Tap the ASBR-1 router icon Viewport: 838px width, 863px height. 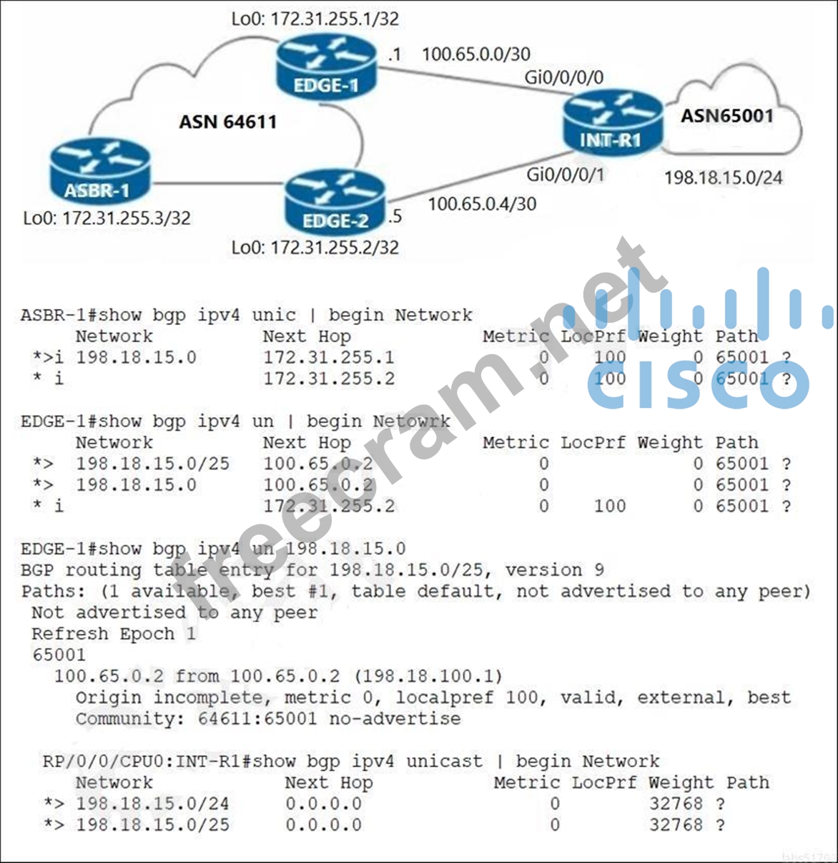[x=100, y=172]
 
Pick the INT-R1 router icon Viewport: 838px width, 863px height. [x=612, y=122]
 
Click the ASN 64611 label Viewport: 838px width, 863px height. [x=227, y=122]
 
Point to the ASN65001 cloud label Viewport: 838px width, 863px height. [x=726, y=116]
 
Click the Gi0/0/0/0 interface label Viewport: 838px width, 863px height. [x=564, y=77]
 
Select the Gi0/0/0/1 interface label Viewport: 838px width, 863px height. [x=566, y=174]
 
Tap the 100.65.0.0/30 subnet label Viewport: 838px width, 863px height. [x=476, y=54]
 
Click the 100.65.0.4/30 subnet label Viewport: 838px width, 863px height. [x=482, y=204]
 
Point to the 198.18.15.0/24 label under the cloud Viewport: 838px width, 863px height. [x=724, y=177]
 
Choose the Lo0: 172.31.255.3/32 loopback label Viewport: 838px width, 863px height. [x=107, y=218]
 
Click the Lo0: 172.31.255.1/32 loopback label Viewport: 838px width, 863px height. [x=315, y=19]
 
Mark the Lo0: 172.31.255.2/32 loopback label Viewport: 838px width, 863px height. [x=315, y=248]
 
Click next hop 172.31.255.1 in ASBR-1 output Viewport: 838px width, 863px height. [x=328, y=357]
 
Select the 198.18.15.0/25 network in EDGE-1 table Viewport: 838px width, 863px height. [x=152, y=464]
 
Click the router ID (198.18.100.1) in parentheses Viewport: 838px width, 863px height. [x=428, y=676]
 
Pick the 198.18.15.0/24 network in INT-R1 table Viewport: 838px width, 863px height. [x=152, y=804]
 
